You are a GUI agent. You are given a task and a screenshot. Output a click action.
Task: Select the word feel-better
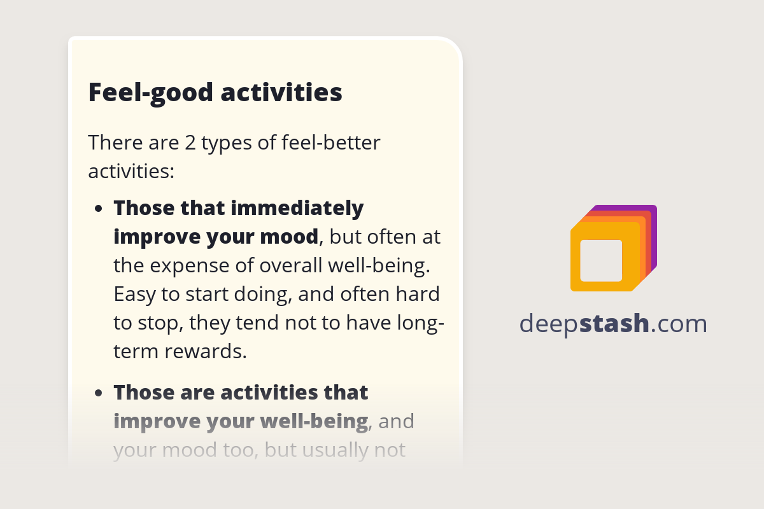click(x=330, y=143)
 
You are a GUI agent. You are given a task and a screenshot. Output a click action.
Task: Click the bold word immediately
click(x=297, y=208)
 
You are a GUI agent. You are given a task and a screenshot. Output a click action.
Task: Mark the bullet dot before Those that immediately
click(x=99, y=209)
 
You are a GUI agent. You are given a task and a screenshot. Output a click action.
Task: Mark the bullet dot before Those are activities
click(x=99, y=393)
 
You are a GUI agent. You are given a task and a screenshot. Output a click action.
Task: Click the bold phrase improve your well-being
click(x=241, y=421)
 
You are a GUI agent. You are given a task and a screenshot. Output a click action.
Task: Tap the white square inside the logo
click(x=601, y=261)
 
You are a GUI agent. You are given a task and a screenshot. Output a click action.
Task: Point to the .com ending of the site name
click(x=679, y=324)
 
